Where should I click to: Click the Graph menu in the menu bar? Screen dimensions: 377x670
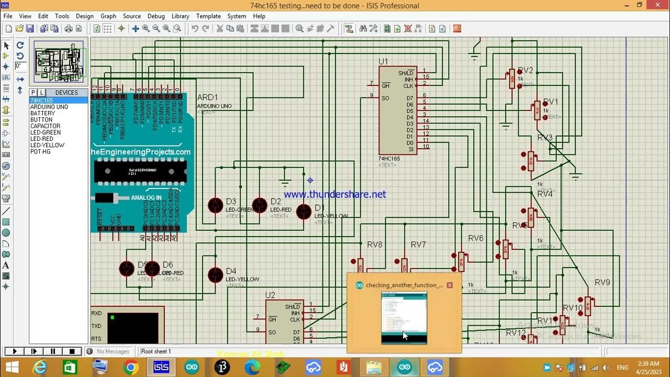click(x=108, y=16)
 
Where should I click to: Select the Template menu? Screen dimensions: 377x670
click(x=208, y=16)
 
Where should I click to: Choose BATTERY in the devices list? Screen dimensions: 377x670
click(x=42, y=113)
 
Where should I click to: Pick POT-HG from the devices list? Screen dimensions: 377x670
click(x=40, y=151)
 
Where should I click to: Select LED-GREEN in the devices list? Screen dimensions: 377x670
click(x=46, y=132)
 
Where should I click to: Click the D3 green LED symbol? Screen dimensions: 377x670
click(x=216, y=205)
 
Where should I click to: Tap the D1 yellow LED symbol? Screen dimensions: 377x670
click(x=304, y=212)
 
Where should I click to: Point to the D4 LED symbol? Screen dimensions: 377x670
click(x=216, y=275)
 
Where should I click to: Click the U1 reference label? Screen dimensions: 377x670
click(x=384, y=62)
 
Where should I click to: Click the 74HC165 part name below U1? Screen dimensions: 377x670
click(x=389, y=159)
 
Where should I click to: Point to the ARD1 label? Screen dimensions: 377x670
click(x=207, y=97)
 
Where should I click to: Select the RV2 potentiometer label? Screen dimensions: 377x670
click(x=525, y=71)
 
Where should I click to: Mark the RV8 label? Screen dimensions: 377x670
click(x=375, y=245)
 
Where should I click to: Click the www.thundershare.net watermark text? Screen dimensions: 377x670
click(x=335, y=194)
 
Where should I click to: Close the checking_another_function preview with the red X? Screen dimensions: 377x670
click(x=450, y=285)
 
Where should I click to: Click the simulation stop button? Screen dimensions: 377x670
click(x=72, y=351)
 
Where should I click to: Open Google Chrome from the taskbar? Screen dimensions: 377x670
click(x=131, y=368)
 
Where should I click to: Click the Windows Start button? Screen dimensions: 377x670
click(x=12, y=368)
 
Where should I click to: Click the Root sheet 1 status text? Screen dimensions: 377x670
click(x=156, y=351)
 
